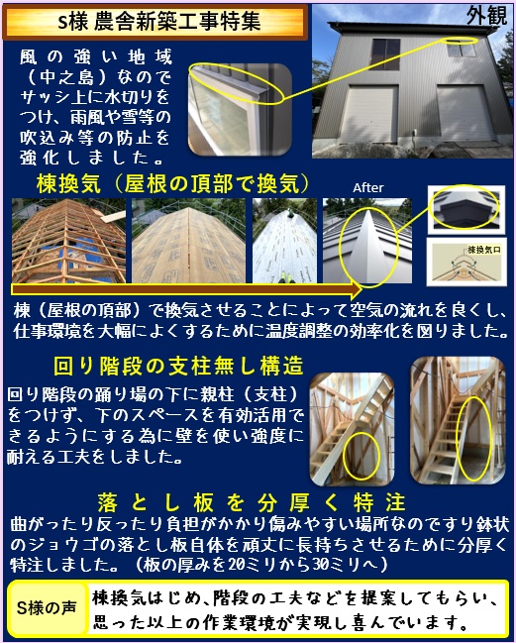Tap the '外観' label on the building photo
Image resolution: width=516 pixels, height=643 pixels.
pyautogui.click(x=486, y=16)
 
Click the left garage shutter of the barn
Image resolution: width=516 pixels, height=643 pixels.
pyautogui.click(x=369, y=114)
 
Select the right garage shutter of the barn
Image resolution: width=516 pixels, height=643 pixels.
pyautogui.click(x=465, y=113)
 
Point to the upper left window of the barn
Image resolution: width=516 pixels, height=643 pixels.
pyautogui.click(x=385, y=54)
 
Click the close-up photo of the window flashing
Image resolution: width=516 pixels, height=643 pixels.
pyautogui.click(x=240, y=110)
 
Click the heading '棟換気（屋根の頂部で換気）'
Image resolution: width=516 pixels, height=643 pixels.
pyautogui.click(x=172, y=183)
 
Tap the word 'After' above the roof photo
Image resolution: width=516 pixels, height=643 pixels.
pyautogui.click(x=368, y=188)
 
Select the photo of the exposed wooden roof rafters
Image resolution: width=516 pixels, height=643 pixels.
pyautogui.click(x=69, y=241)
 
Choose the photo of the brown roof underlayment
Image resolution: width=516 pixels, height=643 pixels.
pyautogui.click(x=188, y=241)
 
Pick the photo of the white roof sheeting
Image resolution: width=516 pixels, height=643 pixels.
pyautogui.click(x=284, y=241)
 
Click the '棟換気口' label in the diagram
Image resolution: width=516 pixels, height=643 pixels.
pyautogui.click(x=483, y=250)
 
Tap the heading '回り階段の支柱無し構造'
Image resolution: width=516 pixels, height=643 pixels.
pyautogui.click(x=178, y=366)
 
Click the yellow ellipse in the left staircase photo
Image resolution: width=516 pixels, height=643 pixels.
pyautogui.click(x=361, y=455)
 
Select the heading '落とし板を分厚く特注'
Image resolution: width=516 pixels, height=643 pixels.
pyautogui.click(x=252, y=502)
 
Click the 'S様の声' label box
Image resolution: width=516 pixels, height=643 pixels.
pyautogui.click(x=48, y=607)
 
